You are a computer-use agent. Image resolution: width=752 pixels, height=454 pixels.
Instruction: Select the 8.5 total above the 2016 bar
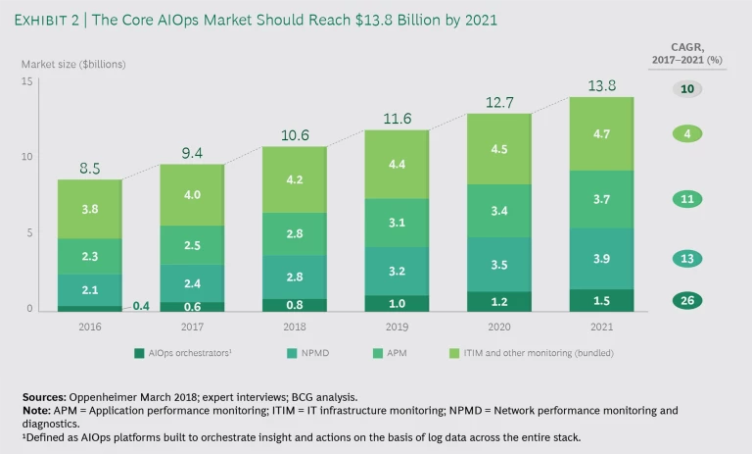pos(89,169)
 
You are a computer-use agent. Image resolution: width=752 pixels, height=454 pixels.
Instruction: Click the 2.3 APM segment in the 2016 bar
pos(89,256)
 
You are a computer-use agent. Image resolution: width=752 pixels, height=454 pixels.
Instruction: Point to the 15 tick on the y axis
pos(27,81)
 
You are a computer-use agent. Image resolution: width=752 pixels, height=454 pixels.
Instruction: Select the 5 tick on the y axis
pos(29,233)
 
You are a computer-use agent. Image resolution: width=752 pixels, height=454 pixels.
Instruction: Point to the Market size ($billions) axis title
pos(73,64)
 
